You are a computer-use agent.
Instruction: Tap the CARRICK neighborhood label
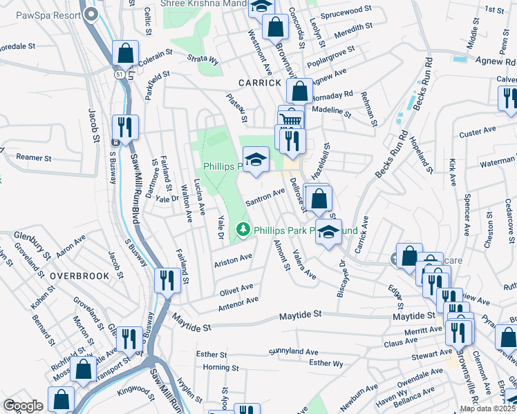point(259,82)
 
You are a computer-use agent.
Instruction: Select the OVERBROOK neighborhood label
point(79,275)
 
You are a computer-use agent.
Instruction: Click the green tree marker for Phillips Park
point(243,229)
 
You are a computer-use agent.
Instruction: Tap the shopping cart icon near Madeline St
point(292,119)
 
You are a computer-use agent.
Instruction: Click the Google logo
point(23,405)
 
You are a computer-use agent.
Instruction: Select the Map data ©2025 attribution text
point(487,408)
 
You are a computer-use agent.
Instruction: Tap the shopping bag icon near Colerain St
point(126,52)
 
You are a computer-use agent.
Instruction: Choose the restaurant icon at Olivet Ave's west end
point(167,280)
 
